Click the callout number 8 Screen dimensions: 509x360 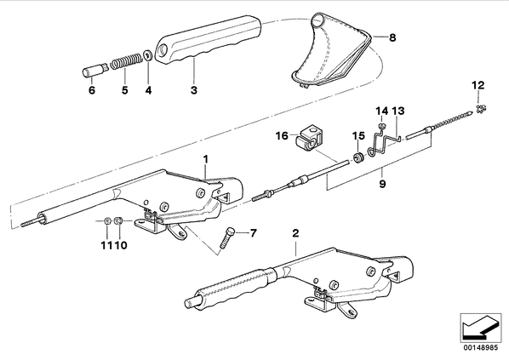click(x=392, y=37)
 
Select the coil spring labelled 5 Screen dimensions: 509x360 click(x=126, y=61)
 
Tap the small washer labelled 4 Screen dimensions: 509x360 click(x=147, y=55)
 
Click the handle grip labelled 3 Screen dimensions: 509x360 click(x=208, y=38)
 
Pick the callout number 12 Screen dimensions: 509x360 click(x=478, y=85)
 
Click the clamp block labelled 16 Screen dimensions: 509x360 click(x=309, y=140)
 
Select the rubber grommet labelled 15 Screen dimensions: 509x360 click(x=358, y=157)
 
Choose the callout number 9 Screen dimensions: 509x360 click(x=382, y=184)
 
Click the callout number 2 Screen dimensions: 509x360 click(x=295, y=233)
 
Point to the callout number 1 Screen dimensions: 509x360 click(x=205, y=159)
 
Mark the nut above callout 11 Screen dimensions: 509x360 click(x=107, y=221)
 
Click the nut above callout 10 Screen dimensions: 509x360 click(x=119, y=221)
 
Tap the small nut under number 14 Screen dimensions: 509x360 click(x=382, y=126)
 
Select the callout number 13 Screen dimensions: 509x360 click(x=398, y=111)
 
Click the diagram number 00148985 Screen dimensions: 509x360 click(x=480, y=348)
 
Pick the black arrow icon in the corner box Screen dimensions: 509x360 click(x=480, y=327)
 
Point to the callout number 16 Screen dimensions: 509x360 click(x=282, y=135)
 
